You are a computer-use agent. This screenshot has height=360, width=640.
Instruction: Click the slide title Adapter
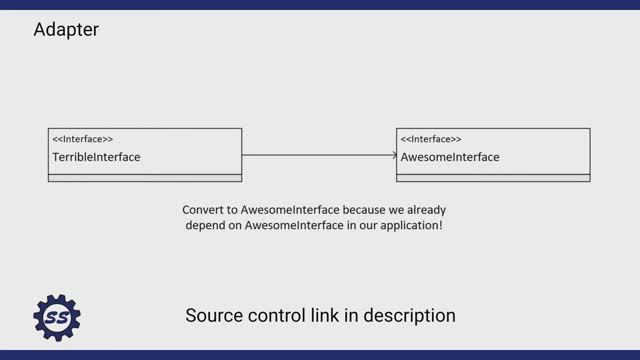tap(66, 30)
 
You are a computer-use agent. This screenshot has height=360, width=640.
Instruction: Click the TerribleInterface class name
tap(96, 157)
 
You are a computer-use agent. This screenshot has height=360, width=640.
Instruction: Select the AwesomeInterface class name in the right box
tap(450, 157)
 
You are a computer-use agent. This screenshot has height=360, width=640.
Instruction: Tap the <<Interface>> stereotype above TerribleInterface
tap(82, 139)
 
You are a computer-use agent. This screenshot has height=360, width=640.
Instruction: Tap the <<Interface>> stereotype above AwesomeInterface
tap(431, 139)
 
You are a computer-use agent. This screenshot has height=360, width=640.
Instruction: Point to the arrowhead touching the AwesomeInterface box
tap(393, 155)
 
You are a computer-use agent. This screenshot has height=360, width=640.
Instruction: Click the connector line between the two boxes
tap(318, 155)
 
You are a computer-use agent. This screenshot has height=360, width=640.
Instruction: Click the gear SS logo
tap(57, 318)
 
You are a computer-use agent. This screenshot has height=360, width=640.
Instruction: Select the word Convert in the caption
tap(204, 211)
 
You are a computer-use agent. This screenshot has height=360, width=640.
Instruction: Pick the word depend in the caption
tap(207, 226)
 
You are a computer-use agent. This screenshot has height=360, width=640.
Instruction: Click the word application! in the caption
tap(408, 226)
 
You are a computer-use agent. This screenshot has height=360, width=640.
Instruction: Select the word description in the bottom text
tap(410, 316)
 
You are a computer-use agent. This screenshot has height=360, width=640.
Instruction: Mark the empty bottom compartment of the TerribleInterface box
tap(145, 178)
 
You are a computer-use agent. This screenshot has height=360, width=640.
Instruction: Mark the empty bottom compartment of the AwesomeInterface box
tap(493, 178)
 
